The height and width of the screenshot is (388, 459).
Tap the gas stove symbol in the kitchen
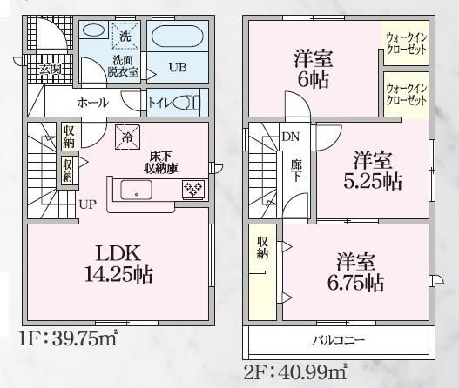pyautogui.click(x=193, y=189)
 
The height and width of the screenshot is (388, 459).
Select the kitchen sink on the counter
pyautogui.click(x=137, y=190)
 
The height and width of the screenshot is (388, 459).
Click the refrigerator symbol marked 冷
pyautogui.click(x=127, y=137)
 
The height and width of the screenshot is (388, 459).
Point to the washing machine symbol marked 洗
pyautogui.click(x=125, y=36)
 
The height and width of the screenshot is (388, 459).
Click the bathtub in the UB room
pyautogui.click(x=178, y=36)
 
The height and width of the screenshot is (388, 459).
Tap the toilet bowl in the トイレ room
pyautogui.click(x=186, y=104)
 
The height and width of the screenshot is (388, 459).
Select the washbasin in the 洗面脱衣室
pyautogui.click(x=93, y=30)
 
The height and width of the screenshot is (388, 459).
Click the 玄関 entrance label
pyautogui.click(x=51, y=70)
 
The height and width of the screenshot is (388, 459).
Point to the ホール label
pyautogui.click(x=92, y=103)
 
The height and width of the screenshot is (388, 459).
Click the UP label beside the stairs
pyautogui.click(x=88, y=204)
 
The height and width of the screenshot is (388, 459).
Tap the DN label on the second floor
pyautogui.click(x=291, y=137)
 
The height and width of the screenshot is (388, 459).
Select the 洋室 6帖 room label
pyautogui.click(x=314, y=70)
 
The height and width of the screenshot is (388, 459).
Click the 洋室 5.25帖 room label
pyautogui.click(x=373, y=171)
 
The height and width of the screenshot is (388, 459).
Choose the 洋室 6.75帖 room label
pyautogui.click(x=355, y=272)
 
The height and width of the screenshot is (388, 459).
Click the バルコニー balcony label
pyautogui.click(x=339, y=340)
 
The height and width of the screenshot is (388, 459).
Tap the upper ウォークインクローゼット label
pyautogui.click(x=407, y=43)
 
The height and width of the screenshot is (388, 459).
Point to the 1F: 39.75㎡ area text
pyautogui.click(x=68, y=339)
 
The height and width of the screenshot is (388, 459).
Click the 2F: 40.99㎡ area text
pyautogui.click(x=295, y=372)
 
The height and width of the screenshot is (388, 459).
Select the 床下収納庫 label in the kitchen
pyautogui.click(x=161, y=163)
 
